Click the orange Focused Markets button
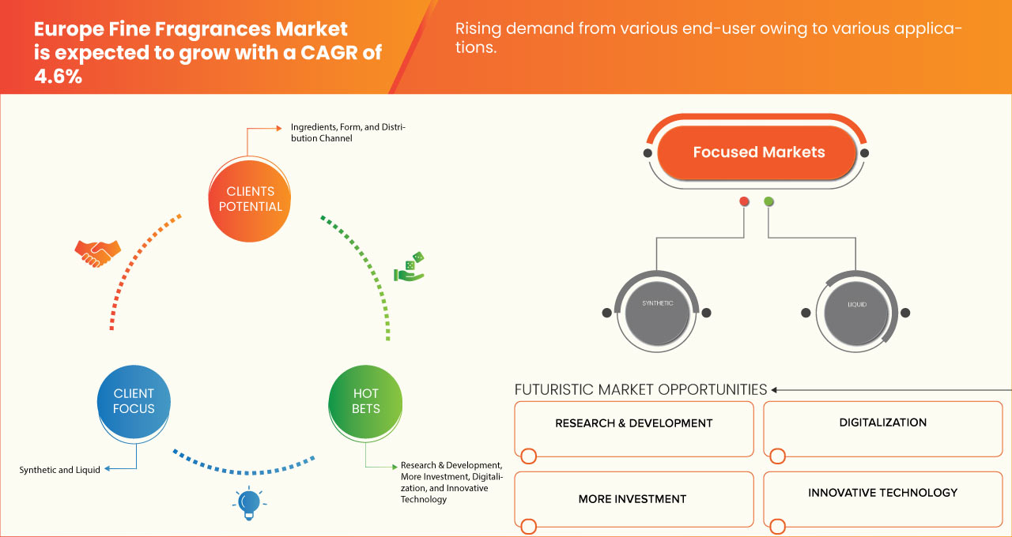(758, 152)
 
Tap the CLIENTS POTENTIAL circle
(250, 199)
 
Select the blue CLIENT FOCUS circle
(134, 401)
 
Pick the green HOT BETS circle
(366, 401)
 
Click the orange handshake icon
(97, 252)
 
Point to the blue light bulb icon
(248, 502)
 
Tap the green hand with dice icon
(410, 267)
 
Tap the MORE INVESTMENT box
(633, 498)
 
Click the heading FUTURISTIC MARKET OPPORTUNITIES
(640, 389)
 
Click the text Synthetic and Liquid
(60, 470)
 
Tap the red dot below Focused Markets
(744, 202)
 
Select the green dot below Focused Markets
(768, 202)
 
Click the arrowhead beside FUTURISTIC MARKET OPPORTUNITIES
(775, 389)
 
